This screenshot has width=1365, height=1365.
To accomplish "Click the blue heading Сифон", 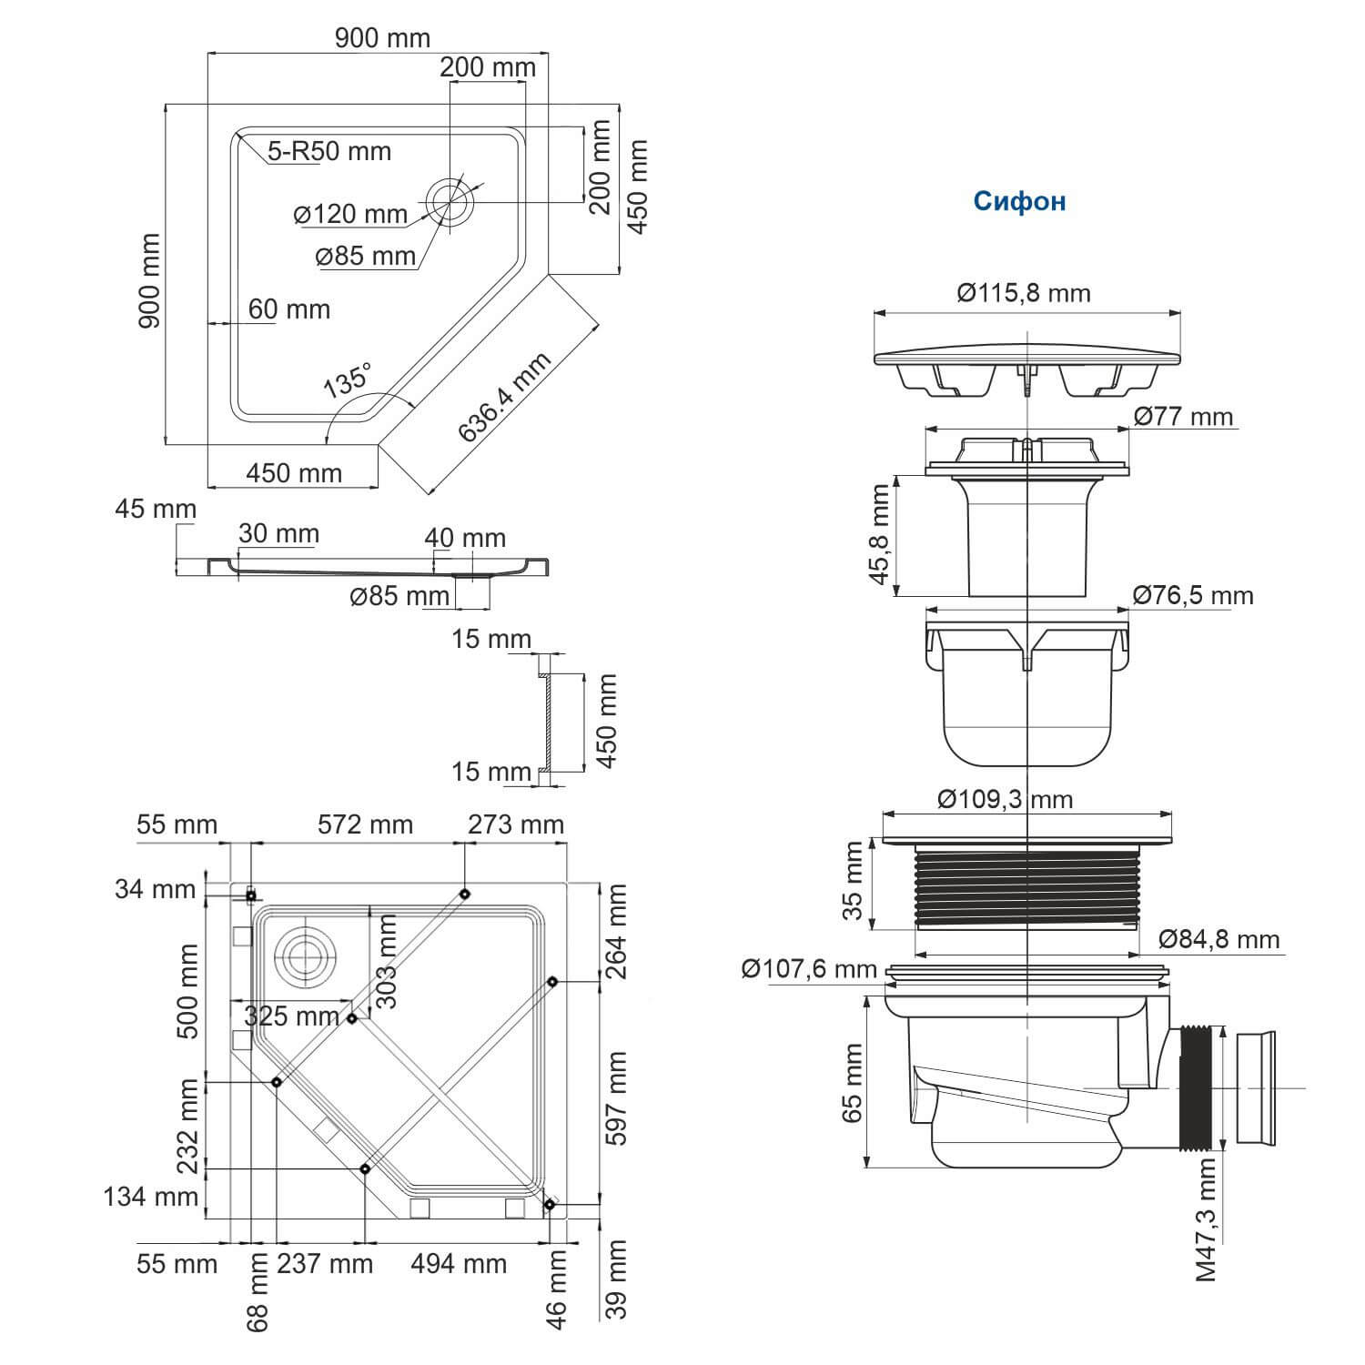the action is click(x=1019, y=201).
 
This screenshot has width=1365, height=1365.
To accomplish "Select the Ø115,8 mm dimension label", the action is click(x=1024, y=293).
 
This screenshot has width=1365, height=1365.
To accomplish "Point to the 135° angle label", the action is click(x=349, y=379).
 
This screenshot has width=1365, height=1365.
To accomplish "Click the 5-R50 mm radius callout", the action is click(x=329, y=151).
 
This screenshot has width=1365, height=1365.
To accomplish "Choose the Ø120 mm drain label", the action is click(x=350, y=215).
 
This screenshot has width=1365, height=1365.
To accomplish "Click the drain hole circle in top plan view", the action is click(x=450, y=200).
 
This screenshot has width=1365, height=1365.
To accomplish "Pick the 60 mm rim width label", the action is click(x=289, y=309).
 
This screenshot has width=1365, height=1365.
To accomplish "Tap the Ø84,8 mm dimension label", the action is click(x=1219, y=938).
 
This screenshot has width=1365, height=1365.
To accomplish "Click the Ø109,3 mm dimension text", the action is click(x=1006, y=799).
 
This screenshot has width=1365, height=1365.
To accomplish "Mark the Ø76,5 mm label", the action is click(x=1193, y=595).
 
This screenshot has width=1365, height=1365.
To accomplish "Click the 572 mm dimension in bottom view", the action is click(x=365, y=824).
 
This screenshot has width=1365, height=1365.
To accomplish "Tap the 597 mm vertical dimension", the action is click(x=616, y=1098).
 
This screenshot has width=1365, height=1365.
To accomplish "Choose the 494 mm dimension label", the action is click(x=459, y=1263).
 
